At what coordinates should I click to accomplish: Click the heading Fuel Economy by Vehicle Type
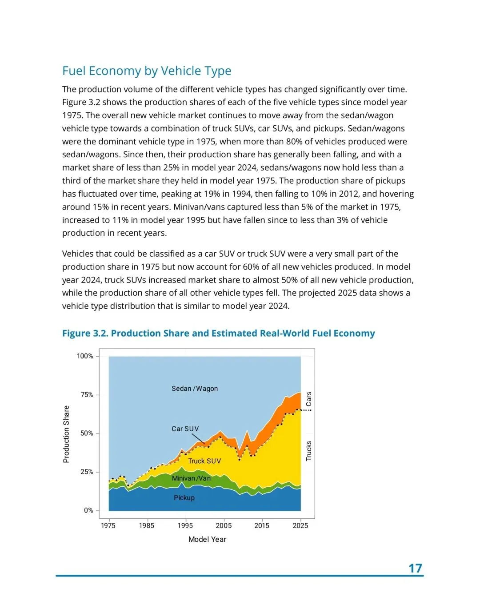pos(147,71)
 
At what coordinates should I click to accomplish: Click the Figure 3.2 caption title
pos(218,334)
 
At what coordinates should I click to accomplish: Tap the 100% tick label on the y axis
pos(85,356)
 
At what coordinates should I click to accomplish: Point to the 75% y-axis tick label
pos(87,395)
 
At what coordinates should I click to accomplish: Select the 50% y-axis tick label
pos(87,433)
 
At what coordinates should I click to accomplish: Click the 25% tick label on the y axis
pos(87,472)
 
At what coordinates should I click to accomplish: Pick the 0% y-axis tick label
pos(88,511)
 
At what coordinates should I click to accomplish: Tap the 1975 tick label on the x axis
pos(108,526)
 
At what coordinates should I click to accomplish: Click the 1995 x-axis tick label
pos(185,526)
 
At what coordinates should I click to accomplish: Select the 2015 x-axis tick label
pos(262,526)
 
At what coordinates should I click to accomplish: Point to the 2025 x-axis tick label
pos(300,526)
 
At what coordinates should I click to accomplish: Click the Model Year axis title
pos(207,540)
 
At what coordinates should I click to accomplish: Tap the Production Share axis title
pos(66,434)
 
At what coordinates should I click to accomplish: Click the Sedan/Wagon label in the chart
pos(195,389)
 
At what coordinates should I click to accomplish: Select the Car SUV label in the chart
pos(185,429)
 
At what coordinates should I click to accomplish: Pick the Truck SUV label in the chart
pos(204,461)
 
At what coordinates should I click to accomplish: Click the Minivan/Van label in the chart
pos(191,478)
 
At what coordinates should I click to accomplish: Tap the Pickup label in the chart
pos(184,498)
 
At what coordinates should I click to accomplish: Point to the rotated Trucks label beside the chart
pos(309,451)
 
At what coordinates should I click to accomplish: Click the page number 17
pos(415,568)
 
